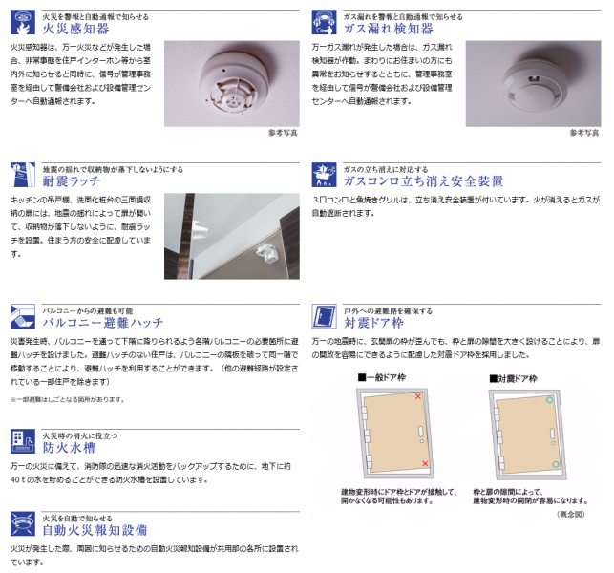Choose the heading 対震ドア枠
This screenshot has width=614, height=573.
coord(376,323)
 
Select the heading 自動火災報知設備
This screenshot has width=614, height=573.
coord(94,529)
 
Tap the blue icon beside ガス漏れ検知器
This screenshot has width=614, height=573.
coord(325,22)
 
